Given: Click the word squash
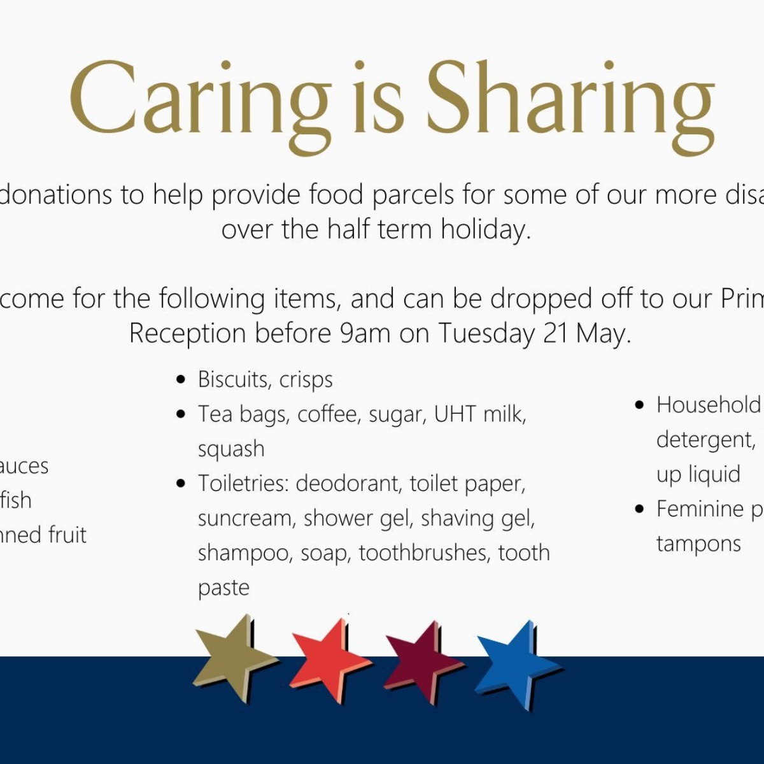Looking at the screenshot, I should pos(230,449).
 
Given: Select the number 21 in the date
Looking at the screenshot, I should pos(555,334).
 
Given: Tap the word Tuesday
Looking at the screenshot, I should pos(486,334).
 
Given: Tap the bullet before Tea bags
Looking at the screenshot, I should pos(181,414).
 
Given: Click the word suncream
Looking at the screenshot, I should pos(244,518).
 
